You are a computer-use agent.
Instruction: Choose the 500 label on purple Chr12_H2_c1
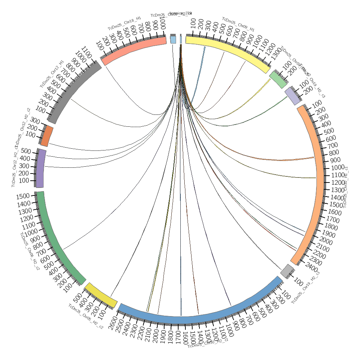26,151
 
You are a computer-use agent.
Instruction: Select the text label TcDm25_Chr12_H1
52,74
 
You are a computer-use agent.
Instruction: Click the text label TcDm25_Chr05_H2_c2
86,316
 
